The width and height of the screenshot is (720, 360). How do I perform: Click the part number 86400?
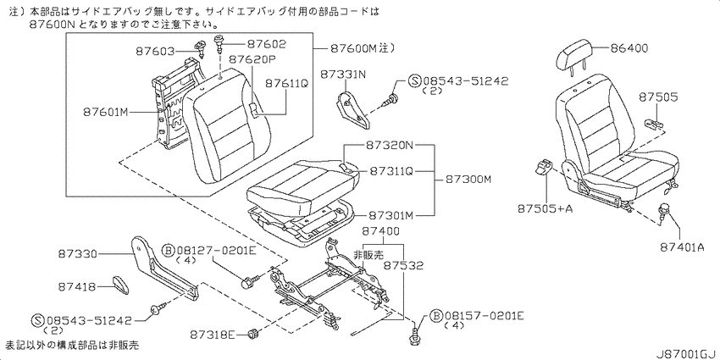(x=629, y=48)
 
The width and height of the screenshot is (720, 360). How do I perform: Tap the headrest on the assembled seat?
(x=572, y=57)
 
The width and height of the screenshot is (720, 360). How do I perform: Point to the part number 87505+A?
(x=545, y=208)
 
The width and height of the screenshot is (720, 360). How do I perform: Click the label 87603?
(x=155, y=52)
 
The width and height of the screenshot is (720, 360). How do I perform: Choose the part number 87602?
(x=266, y=44)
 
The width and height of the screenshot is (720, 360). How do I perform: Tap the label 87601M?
(x=105, y=112)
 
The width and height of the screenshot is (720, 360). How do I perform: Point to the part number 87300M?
(x=468, y=180)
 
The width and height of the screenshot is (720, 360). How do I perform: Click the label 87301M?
(x=391, y=215)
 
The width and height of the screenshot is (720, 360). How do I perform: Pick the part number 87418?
(x=77, y=287)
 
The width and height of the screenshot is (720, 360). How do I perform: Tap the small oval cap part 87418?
(x=121, y=285)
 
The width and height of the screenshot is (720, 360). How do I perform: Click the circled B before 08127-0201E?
(x=169, y=252)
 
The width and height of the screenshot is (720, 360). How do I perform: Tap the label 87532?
(x=403, y=265)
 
